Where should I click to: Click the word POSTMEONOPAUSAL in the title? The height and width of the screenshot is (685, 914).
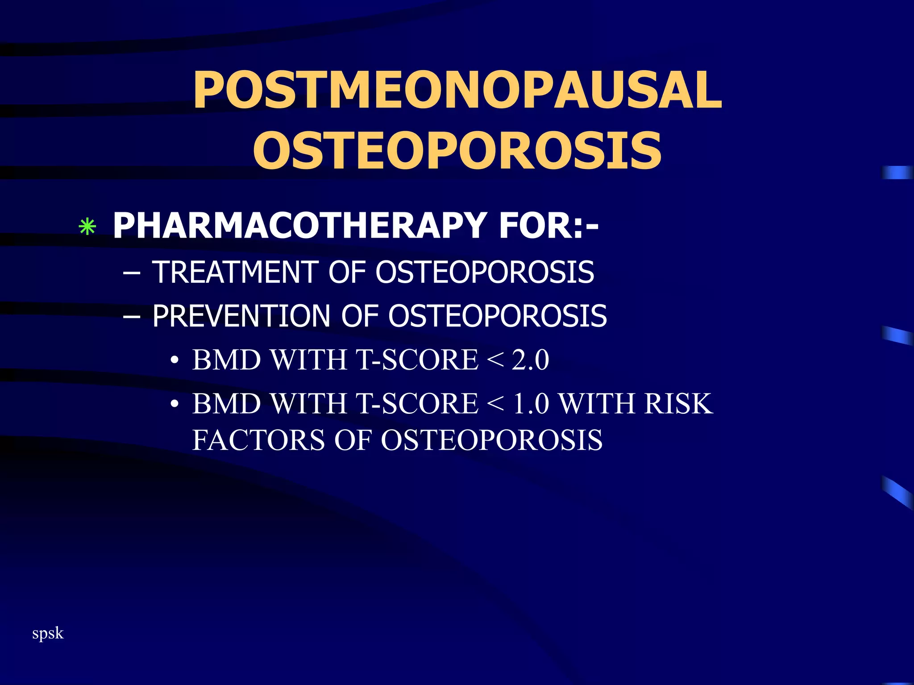(457, 91)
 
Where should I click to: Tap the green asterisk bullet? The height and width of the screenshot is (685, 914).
(87, 227)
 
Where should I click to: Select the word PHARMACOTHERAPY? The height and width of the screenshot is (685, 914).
(299, 226)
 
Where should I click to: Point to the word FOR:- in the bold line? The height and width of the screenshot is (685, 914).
(548, 226)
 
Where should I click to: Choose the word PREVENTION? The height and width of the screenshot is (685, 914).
(241, 316)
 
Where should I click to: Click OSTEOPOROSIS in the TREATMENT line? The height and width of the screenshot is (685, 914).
(485, 272)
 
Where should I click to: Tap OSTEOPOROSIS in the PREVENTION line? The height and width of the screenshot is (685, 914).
(497, 316)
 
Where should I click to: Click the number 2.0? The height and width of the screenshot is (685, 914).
(530, 360)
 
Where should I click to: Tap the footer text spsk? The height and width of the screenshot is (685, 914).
(48, 633)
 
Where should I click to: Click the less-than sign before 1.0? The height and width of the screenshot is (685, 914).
(495, 404)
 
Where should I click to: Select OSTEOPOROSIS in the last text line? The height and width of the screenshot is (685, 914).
(491, 440)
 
